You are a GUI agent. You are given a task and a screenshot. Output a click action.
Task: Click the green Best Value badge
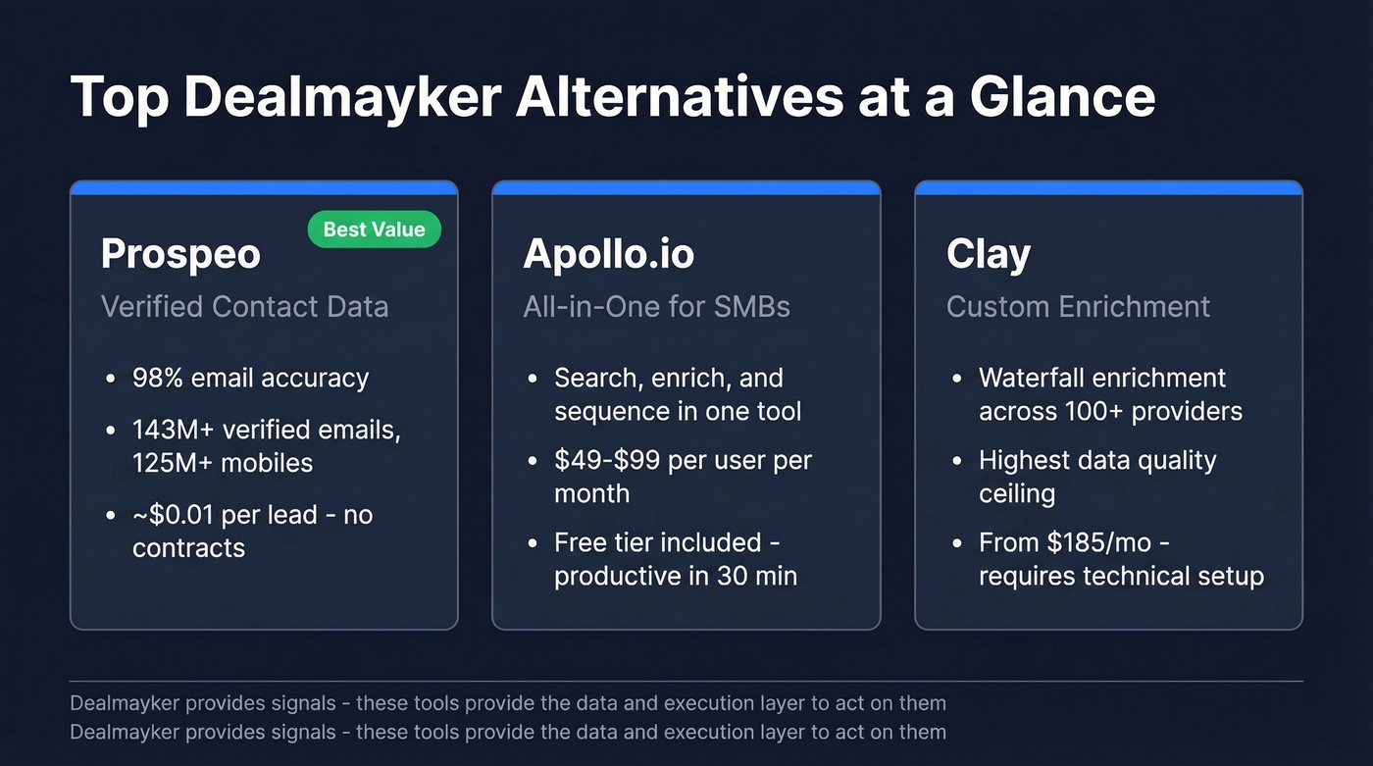[x=374, y=230]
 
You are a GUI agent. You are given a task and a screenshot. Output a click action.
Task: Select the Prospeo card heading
[x=180, y=254]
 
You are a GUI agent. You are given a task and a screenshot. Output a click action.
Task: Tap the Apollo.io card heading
[x=608, y=254]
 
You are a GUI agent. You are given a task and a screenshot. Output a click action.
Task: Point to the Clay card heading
[x=988, y=254]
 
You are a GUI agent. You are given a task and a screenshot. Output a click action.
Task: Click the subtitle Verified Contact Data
[x=244, y=306]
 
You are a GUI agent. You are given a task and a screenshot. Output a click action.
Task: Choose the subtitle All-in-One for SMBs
[x=656, y=306]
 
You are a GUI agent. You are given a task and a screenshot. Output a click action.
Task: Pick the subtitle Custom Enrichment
[x=1078, y=306]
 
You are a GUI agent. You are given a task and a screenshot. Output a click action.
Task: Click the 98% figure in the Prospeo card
[x=155, y=379]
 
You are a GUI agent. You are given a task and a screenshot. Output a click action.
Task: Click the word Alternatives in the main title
[x=681, y=97]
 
